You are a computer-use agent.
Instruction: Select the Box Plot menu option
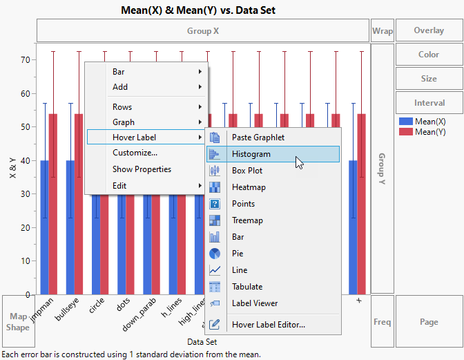(247, 171)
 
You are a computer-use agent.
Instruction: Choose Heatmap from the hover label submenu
(249, 187)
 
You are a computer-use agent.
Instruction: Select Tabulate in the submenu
(247, 287)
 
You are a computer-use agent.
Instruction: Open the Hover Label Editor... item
(268, 324)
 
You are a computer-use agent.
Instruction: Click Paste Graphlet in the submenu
(258, 138)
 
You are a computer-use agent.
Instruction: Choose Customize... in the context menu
(135, 153)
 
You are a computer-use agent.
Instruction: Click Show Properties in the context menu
(142, 169)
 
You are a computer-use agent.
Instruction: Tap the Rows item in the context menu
(122, 107)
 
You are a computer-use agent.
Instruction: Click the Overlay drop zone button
(429, 31)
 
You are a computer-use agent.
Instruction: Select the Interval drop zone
(429, 103)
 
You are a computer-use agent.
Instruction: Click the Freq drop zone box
(382, 321)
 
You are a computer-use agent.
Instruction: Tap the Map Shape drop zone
(19, 321)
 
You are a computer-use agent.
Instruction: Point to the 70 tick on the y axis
(26, 60)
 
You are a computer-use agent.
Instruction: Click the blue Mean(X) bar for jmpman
(44, 228)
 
